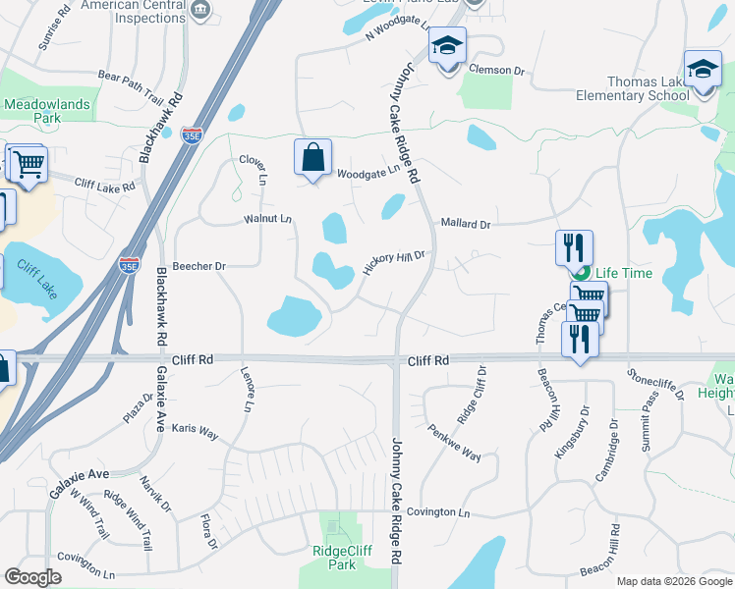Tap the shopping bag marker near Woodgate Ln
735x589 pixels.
(312, 158)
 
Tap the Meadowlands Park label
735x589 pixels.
(46, 111)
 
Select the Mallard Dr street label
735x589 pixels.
(465, 224)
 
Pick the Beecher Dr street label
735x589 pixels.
(199, 266)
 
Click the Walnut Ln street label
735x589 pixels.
(268, 218)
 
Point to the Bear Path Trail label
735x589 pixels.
(131, 81)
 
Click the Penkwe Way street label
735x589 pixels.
(454, 443)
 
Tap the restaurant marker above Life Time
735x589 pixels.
(575, 247)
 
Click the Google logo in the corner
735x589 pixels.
(32, 577)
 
